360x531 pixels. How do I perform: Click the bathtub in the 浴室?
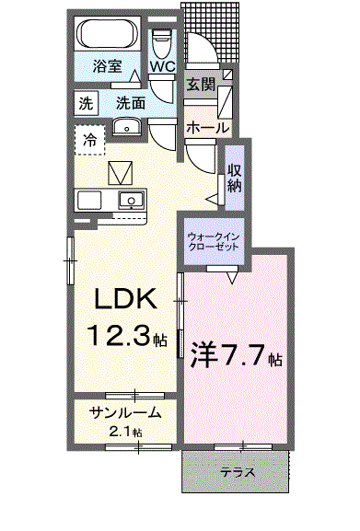point(109,33)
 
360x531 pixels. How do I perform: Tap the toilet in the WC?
point(162,43)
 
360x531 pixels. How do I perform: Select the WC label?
point(163,66)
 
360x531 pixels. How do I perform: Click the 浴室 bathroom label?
point(107,66)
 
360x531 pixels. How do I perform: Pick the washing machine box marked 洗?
point(86,103)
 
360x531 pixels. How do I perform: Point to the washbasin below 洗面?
point(127,127)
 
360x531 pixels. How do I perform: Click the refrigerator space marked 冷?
point(89,140)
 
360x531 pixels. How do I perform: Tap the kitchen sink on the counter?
point(132,200)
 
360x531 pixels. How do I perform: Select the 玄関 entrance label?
point(202,84)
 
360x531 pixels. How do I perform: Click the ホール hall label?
point(207,128)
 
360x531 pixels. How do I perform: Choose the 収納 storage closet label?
point(235,178)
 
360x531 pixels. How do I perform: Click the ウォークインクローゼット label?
point(214,241)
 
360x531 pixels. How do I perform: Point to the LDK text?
point(125,298)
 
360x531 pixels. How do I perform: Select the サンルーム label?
point(124,412)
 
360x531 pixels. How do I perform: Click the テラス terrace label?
point(238,472)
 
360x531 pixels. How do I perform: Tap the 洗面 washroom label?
point(131,103)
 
